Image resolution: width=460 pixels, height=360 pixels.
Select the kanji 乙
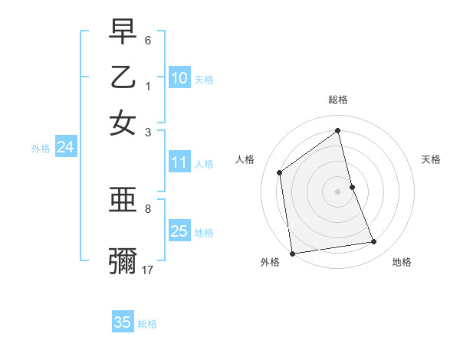(123, 77)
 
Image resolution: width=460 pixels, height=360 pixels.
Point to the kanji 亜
(123, 200)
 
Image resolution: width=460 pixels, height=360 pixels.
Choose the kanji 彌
(123, 260)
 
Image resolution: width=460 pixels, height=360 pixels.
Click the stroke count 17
(148, 270)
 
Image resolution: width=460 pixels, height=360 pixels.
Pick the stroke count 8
(148, 208)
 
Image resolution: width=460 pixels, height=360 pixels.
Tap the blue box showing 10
(179, 78)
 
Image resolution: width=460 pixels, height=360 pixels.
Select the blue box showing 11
(179, 162)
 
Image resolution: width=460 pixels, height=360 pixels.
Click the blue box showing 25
(179, 231)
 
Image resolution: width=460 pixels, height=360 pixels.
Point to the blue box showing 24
(65, 148)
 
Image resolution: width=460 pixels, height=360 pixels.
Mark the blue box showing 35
(123, 322)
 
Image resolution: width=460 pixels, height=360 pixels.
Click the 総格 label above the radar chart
(338, 100)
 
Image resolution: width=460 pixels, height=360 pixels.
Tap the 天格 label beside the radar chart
(431, 159)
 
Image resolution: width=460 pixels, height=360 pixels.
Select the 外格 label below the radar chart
(270, 262)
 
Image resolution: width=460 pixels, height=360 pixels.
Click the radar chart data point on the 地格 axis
(374, 242)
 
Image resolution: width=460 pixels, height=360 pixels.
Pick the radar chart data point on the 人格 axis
(280, 172)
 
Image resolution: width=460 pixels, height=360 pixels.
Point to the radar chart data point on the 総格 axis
(338, 130)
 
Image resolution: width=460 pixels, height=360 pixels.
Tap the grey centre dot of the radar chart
(338, 191)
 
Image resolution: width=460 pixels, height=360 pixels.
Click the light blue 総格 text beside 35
(147, 324)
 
